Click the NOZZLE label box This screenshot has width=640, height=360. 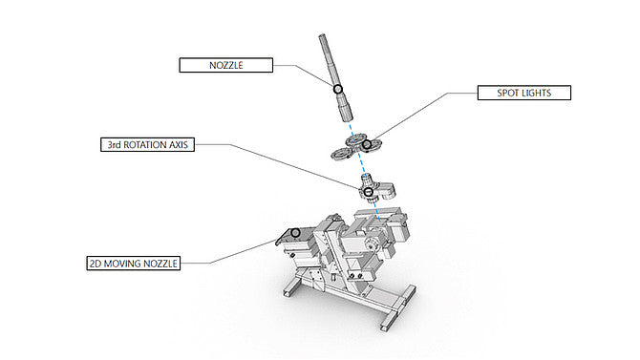pyautogui.click(x=225, y=65)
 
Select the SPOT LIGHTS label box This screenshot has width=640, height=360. pyautogui.click(x=524, y=93)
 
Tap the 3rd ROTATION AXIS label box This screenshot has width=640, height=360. pyautogui.click(x=147, y=144)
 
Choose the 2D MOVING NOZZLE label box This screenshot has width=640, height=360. pyautogui.click(x=134, y=264)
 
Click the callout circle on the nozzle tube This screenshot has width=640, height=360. pyautogui.click(x=337, y=89)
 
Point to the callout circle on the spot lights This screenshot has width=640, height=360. pyautogui.click(x=367, y=144)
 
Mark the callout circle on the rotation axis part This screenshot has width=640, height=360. pyautogui.click(x=368, y=191)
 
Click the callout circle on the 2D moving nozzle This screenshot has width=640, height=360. pyautogui.click(x=295, y=233)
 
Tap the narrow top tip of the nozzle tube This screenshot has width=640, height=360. pyautogui.click(x=322, y=35)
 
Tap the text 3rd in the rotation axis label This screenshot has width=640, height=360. pyautogui.click(x=115, y=145)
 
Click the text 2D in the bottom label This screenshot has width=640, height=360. pyautogui.click(x=96, y=264)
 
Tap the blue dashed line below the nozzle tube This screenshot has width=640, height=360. pyautogui.click(x=365, y=172)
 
